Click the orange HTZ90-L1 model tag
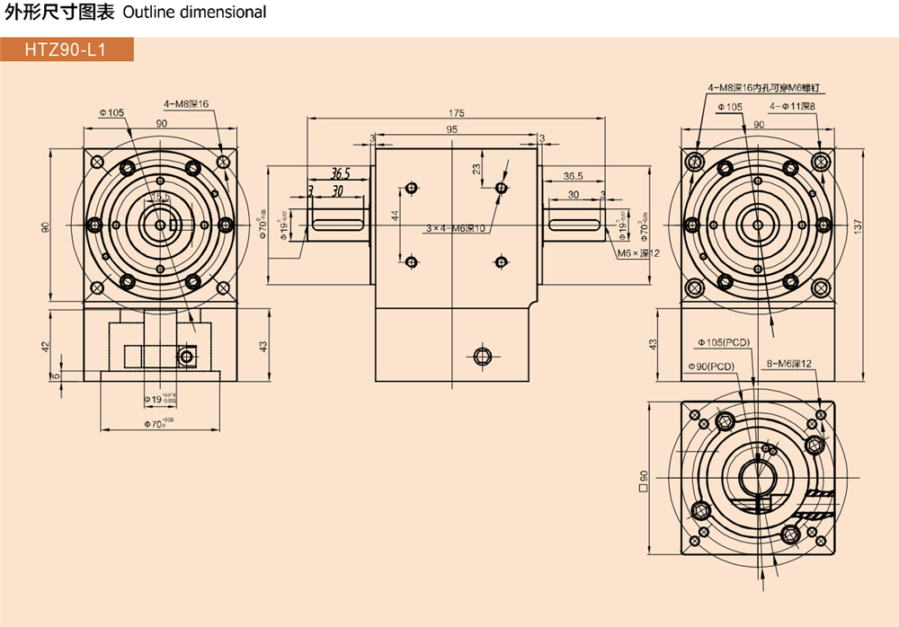[67, 50]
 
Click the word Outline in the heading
[144, 13]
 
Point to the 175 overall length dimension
[456, 113]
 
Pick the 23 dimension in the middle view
[476, 168]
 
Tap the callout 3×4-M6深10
[456, 228]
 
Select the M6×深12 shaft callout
[638, 253]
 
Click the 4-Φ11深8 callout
[791, 107]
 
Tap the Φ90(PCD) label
[711, 366]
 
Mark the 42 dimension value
[46, 345]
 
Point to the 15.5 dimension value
[160, 197]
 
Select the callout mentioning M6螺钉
[766, 88]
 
